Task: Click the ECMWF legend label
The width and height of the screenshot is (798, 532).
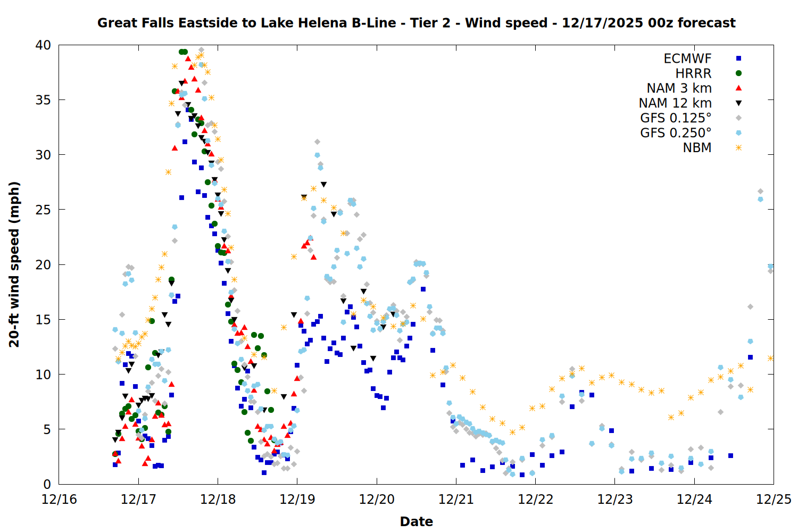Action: pos(687,59)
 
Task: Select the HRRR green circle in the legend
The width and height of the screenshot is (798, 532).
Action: pos(738,73)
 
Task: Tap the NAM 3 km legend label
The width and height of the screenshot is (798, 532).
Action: pos(679,88)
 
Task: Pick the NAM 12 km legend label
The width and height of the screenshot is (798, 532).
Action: pos(675,103)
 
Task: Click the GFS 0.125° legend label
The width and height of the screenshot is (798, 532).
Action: pos(676,118)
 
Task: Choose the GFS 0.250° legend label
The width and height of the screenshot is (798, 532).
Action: pos(676,133)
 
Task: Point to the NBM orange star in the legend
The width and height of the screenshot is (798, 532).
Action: pos(738,148)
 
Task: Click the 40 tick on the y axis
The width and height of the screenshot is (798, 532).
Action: pos(43,45)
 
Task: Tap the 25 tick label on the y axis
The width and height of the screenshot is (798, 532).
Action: pos(43,210)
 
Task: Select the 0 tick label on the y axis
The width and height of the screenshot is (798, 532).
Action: pos(47,484)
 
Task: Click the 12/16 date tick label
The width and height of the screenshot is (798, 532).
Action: pos(59,500)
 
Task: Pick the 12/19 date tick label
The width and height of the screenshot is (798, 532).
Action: pos(297,500)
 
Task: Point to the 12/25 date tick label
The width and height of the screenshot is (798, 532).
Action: pos(774,500)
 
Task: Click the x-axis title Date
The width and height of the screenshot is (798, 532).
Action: pos(416,521)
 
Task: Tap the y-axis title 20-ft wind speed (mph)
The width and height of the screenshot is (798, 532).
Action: pos(14,264)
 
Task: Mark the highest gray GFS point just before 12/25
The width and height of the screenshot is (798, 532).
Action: pos(760,192)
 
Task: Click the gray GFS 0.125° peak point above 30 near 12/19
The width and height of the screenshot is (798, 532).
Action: pos(317,142)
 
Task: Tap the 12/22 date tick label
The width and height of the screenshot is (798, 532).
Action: pos(535,500)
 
